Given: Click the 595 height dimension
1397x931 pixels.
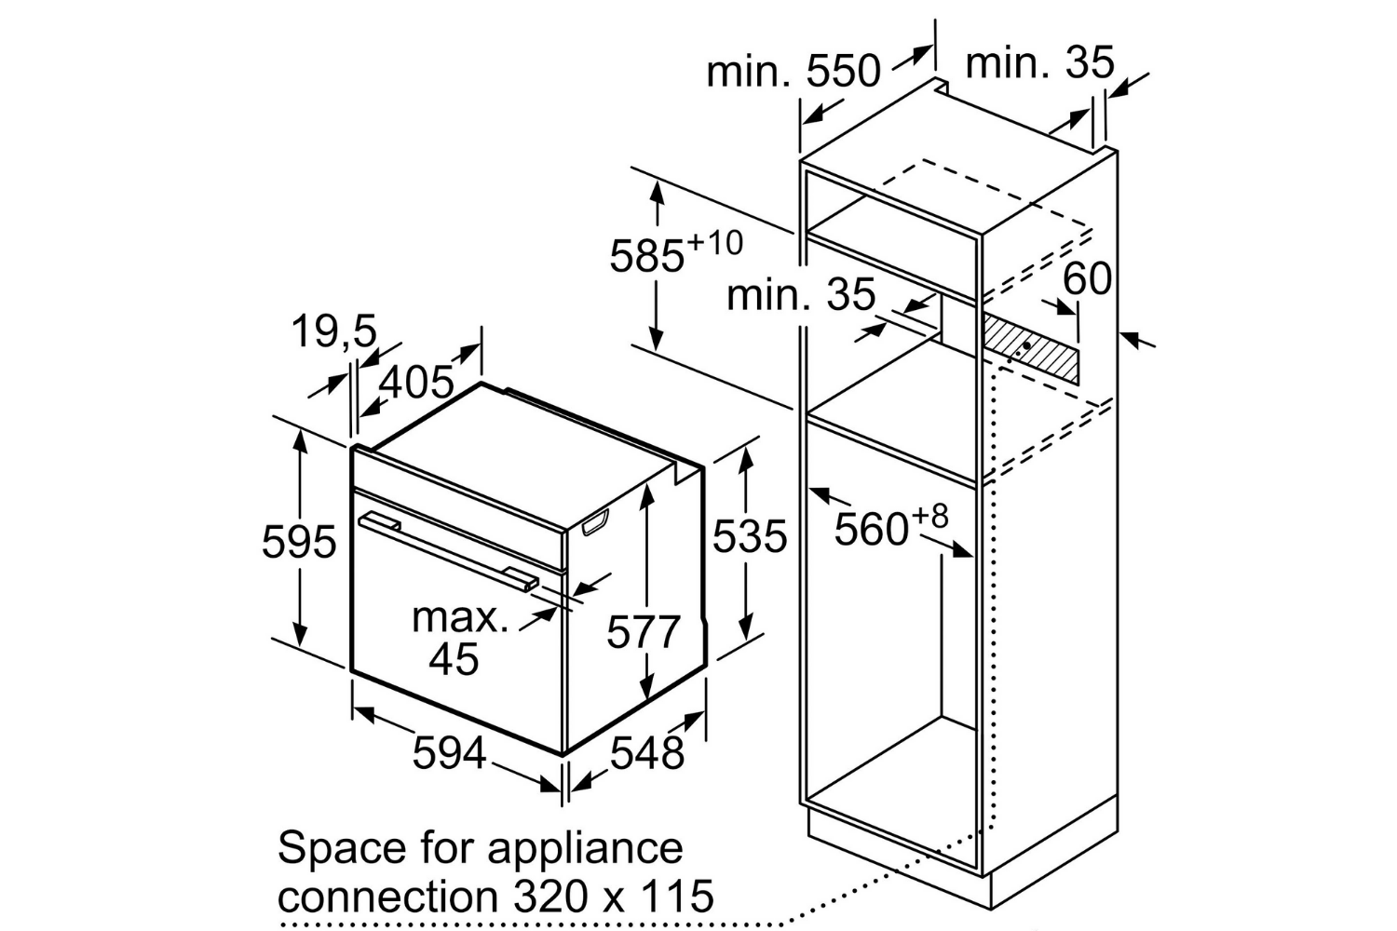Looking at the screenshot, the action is point(299,541).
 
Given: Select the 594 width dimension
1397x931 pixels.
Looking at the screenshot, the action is point(449,752).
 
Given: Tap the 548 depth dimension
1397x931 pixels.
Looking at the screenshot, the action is point(646,752).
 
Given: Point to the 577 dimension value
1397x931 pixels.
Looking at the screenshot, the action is point(643,631).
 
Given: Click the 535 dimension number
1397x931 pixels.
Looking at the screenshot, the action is point(750,535).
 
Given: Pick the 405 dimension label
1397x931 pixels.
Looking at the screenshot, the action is point(416,382).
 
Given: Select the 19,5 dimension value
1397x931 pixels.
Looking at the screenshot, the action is point(334,331).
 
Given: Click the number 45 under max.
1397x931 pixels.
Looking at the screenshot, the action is point(454,658).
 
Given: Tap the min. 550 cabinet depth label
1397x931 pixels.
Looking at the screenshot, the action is point(793,71).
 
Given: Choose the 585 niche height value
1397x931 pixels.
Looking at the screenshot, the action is point(646,256).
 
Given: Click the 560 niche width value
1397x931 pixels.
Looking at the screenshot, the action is point(871,530).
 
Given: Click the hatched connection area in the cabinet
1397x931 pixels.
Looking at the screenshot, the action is point(1030,346).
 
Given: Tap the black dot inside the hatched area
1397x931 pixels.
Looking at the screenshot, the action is point(1026,344).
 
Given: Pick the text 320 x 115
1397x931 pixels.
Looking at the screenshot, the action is point(613,896).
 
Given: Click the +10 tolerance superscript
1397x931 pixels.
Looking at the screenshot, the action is point(714,243).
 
